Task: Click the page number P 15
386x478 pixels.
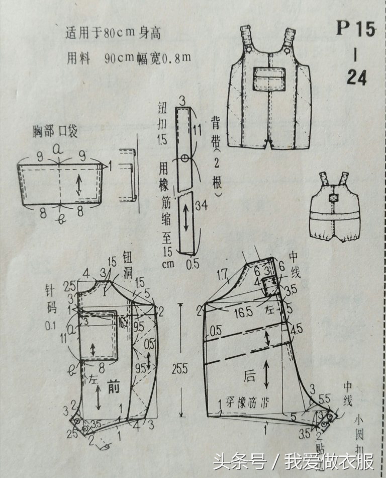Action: [355, 29]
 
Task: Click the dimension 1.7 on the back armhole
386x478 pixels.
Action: [223, 275]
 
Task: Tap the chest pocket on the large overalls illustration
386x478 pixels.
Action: [269, 78]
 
